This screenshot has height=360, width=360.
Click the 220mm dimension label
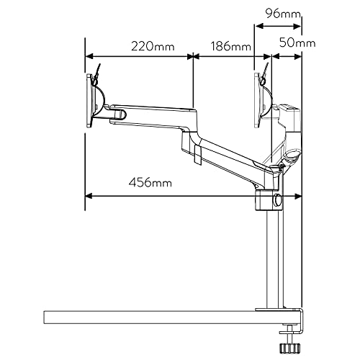(153, 46)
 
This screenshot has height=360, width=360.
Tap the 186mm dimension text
(230, 46)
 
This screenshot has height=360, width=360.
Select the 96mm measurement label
(283, 14)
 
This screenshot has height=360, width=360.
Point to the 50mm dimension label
(297, 43)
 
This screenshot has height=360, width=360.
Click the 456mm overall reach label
(150, 183)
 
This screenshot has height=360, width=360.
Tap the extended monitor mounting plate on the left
(89, 101)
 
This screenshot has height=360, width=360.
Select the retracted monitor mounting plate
(257, 100)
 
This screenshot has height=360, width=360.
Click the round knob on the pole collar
(276, 199)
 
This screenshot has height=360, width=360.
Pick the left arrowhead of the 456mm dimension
(89, 196)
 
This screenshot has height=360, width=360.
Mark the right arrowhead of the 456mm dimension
(297, 196)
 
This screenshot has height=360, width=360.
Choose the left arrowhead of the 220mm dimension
(89, 57)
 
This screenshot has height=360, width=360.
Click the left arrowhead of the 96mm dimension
(259, 26)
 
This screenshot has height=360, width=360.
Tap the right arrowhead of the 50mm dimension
(297, 57)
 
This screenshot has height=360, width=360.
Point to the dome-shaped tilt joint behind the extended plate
(100, 101)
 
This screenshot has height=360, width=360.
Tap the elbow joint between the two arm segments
(190, 138)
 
